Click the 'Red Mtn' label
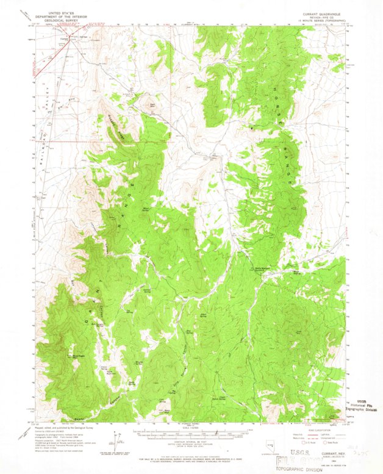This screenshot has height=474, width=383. (x=153, y=105)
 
